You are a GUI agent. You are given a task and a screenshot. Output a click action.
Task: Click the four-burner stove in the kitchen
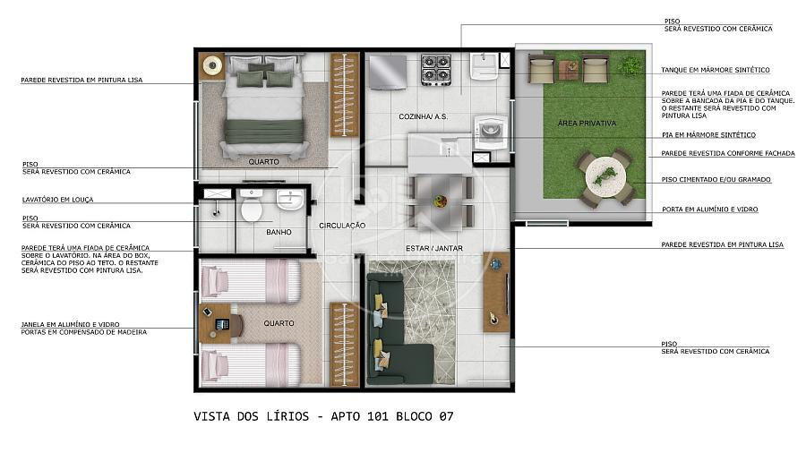click(x=436, y=70)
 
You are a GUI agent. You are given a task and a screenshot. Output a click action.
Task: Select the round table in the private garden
click(x=605, y=177)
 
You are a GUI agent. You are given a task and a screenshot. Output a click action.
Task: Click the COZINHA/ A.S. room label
click(x=423, y=116)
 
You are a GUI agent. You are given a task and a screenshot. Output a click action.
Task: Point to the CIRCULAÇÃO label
click(x=342, y=226)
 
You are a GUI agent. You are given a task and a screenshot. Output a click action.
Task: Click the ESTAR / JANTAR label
click(x=433, y=248)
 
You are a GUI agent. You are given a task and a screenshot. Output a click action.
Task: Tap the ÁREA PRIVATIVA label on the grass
click(x=587, y=124)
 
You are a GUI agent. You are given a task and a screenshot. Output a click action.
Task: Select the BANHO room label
click(x=279, y=232)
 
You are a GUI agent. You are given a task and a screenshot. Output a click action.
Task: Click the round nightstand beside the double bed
click(x=211, y=65)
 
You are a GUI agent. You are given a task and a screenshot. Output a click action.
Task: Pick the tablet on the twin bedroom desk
click(x=222, y=324)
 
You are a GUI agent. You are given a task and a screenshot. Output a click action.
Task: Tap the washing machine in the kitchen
click(x=491, y=132)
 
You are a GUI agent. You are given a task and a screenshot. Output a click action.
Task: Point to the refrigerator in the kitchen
click(x=387, y=72)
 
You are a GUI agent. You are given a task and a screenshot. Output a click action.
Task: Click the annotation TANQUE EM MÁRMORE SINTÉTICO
click(x=715, y=70)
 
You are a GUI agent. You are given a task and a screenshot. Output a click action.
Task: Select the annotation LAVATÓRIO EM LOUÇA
click(x=57, y=200)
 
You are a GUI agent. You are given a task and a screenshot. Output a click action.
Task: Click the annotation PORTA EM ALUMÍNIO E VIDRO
click(x=710, y=209)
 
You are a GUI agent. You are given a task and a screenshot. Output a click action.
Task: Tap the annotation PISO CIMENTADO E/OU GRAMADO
click(x=716, y=180)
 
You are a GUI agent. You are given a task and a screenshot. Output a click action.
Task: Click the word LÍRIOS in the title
click(x=290, y=416)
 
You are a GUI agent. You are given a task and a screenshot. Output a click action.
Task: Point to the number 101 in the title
click(x=378, y=416)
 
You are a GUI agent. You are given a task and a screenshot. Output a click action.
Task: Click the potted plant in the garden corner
click(x=630, y=65)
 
